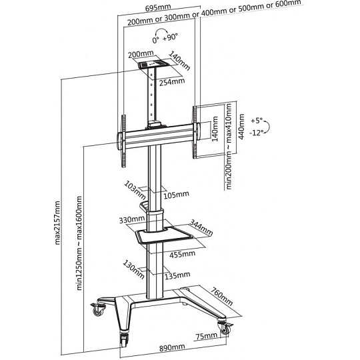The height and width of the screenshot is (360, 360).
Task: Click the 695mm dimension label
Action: pos(158,7)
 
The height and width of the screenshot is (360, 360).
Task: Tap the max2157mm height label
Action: pos(57,223)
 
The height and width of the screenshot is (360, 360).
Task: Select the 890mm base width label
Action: pos(172,347)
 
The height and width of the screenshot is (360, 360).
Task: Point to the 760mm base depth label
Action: pos(221,297)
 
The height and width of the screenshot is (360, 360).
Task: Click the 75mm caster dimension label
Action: pos(206,337)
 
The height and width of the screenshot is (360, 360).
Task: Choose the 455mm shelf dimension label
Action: pos(182,254)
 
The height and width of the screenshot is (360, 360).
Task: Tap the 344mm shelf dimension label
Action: pos(201,227)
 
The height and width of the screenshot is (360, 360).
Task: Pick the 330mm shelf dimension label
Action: pos(132,220)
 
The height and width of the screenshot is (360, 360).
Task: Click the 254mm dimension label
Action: pos(172,82)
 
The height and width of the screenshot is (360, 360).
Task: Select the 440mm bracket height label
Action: pos(241,127)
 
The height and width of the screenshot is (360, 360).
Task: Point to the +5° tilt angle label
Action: pos(257,121)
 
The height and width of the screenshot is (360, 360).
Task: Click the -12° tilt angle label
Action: pos(256,133)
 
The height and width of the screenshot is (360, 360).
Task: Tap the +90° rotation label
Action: pos(170,37)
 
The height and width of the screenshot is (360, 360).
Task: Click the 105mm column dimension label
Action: pos(176,195)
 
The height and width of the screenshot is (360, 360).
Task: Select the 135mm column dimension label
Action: pos(177,275)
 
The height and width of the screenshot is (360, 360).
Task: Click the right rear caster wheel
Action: pos(224,329)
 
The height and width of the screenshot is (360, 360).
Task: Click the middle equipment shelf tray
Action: pos(163,235)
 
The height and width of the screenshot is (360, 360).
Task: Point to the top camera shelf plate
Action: pos(153,63)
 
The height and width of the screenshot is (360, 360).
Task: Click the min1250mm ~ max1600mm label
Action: pos(79,243)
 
